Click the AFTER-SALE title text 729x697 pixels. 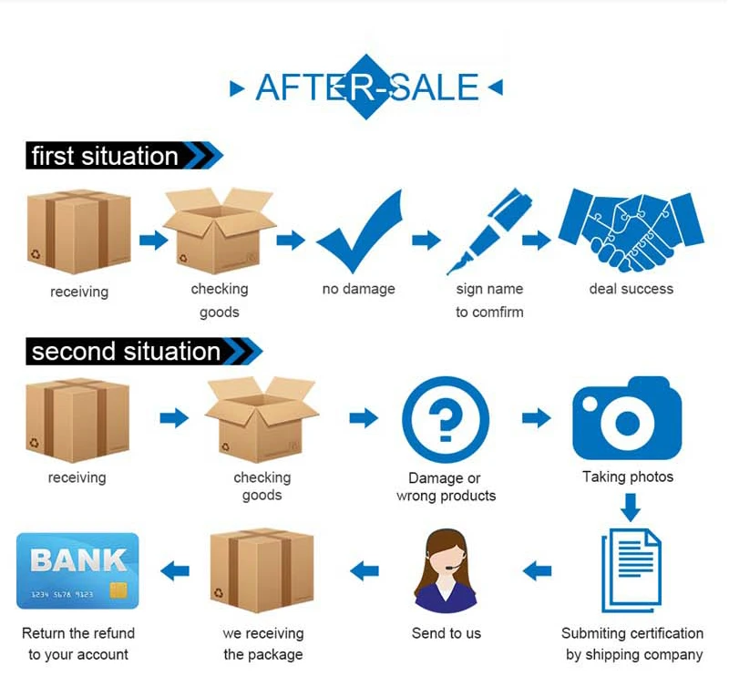tap(366, 87)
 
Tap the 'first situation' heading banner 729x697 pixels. tap(105, 156)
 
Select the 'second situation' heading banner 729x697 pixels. tap(126, 351)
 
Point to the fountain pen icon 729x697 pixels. tap(488, 231)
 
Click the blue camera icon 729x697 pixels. tap(626, 420)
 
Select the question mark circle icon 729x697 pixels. tap(446, 420)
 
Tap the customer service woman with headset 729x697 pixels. tap(446, 574)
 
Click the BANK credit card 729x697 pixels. tap(77, 571)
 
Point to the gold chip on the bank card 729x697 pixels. tap(118, 590)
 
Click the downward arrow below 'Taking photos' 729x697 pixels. tap(631, 506)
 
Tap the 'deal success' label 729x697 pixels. tap(631, 289)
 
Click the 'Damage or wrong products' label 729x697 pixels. tap(446, 487)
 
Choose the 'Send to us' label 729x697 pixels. tap(446, 633)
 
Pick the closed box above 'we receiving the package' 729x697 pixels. tap(262, 571)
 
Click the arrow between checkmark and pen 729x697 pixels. tap(426, 240)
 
